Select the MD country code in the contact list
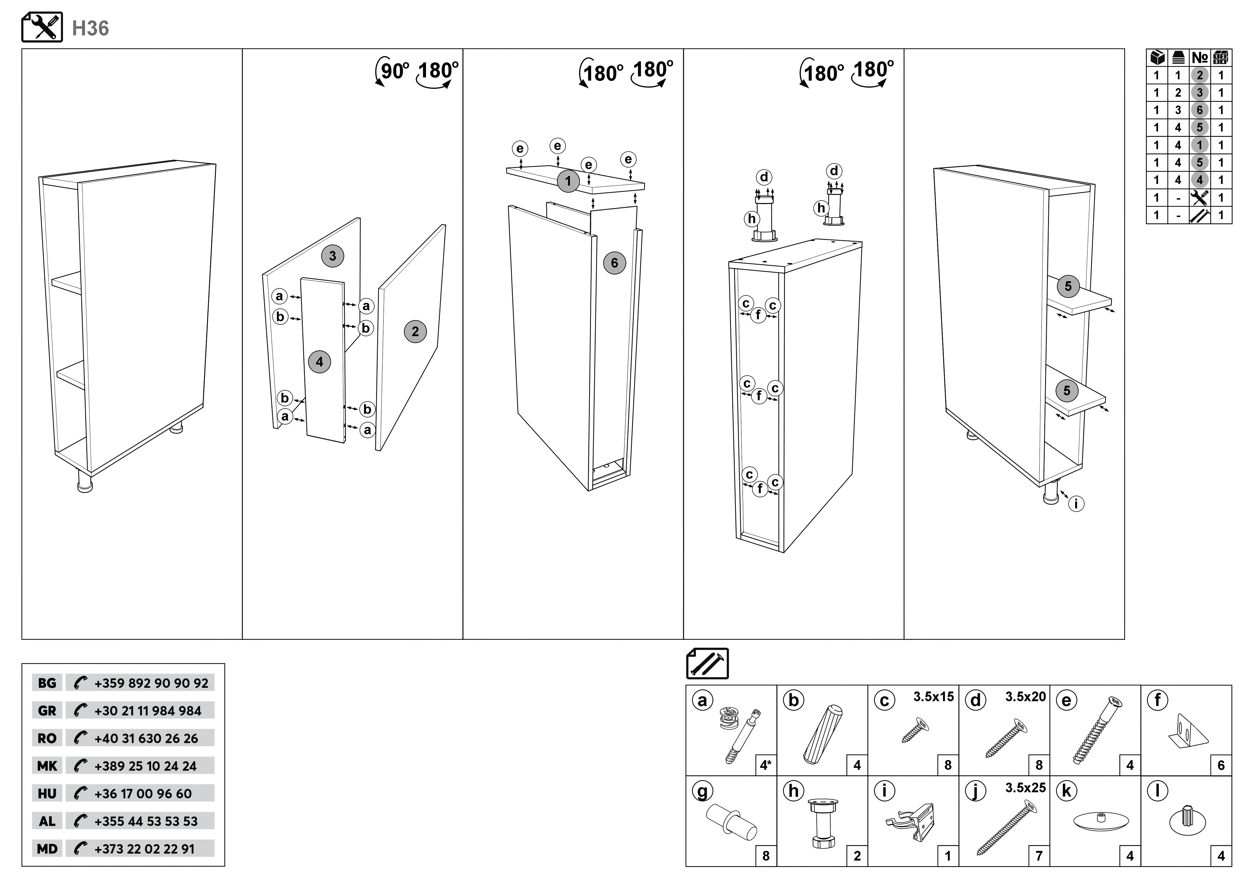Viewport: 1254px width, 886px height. (47, 849)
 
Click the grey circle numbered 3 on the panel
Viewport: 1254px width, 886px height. (333, 256)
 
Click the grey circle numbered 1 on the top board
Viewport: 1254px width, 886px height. (568, 181)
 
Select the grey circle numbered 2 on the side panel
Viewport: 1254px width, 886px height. (415, 331)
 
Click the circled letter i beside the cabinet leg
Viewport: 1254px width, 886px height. (1076, 504)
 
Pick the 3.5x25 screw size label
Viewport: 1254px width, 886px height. (1025, 788)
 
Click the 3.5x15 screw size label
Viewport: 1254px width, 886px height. (933, 697)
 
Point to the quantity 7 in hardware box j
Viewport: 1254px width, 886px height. (1039, 856)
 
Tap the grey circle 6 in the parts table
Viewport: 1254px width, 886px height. (1199, 110)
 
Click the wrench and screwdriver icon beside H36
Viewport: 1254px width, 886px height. (42, 27)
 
